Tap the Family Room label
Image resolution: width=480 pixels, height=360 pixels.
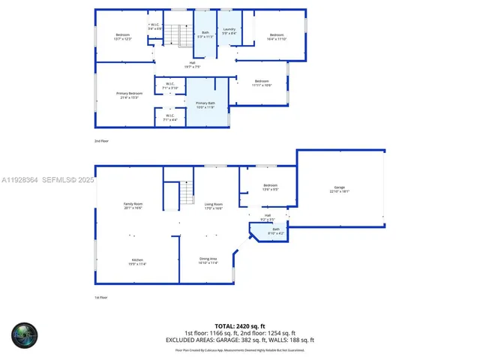[x=133, y=205]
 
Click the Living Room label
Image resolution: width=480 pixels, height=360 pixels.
[x=214, y=205]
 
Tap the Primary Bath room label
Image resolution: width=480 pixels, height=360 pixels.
[x=205, y=105]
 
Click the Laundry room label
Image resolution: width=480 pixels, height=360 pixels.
[x=229, y=31]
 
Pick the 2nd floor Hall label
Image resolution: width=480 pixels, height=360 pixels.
[x=192, y=64]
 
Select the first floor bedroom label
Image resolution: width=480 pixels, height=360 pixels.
[x=270, y=187]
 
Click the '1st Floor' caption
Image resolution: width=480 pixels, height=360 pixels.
[x=100, y=297]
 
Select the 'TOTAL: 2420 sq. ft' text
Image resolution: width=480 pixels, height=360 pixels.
[x=239, y=325]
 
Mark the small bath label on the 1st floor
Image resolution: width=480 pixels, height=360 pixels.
[x=275, y=231]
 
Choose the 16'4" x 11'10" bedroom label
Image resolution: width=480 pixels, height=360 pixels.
[x=277, y=37]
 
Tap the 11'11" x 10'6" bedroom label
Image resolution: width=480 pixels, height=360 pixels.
[x=261, y=82]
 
